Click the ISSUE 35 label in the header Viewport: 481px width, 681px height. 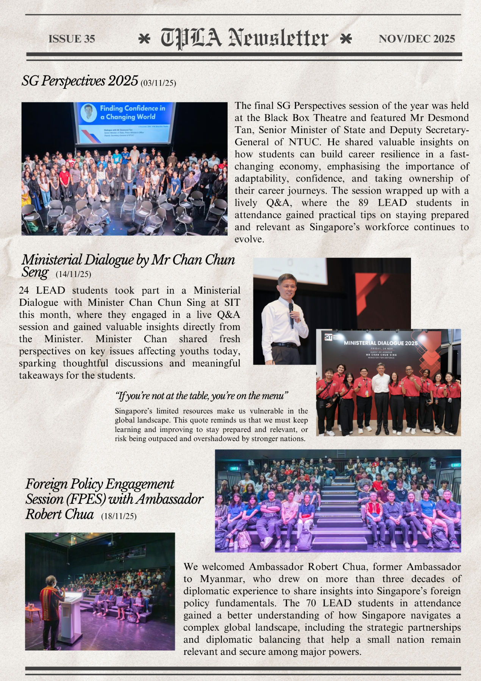[72, 39]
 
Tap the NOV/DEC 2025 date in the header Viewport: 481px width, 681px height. [417, 39]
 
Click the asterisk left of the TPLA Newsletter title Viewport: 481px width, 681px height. [144, 38]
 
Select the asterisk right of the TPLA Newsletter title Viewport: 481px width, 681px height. [346, 38]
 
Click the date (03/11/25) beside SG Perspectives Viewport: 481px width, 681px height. [158, 83]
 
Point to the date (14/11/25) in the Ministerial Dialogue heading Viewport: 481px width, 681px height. [73, 274]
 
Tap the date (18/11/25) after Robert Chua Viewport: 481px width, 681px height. [119, 516]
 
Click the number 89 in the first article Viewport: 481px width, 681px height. [363, 203]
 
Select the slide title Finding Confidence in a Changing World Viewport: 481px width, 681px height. [132, 113]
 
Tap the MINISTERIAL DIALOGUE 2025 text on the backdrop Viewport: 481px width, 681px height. [381, 343]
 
